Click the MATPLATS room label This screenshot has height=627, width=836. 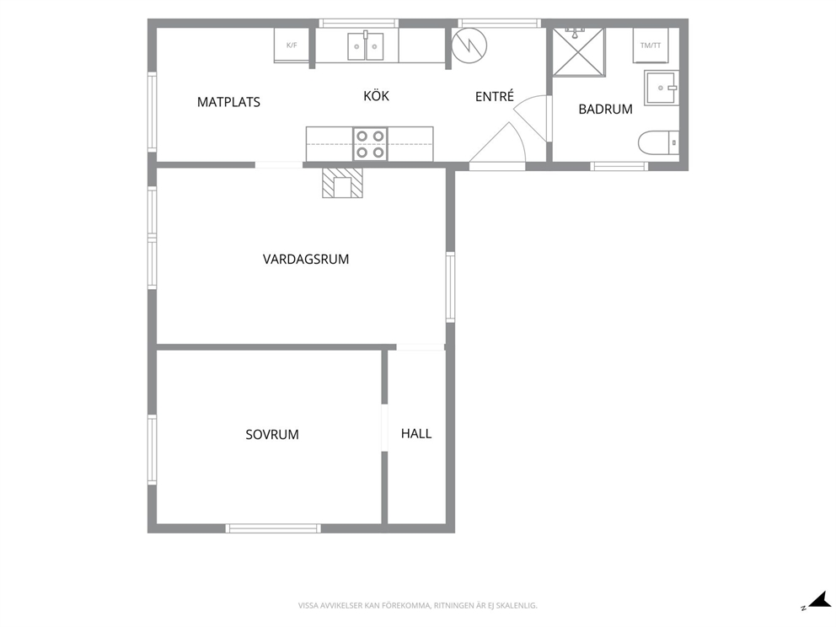(228, 102)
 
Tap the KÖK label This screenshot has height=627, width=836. (377, 95)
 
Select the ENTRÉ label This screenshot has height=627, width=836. (495, 96)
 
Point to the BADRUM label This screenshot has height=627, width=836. (606, 110)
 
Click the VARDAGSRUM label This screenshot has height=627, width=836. (306, 260)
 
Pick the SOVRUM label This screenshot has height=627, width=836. (272, 435)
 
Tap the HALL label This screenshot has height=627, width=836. (416, 433)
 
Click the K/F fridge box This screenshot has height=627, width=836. (292, 46)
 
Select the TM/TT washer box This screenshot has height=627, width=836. (651, 46)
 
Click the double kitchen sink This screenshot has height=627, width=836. (366, 46)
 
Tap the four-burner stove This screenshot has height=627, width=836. (370, 144)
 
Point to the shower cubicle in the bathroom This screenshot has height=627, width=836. (579, 51)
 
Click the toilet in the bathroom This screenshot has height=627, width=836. (658, 143)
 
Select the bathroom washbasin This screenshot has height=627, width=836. (662, 88)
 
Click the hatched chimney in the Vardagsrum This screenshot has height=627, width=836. (342, 183)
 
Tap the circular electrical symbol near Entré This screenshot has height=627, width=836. (469, 46)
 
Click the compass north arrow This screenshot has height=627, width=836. (818, 602)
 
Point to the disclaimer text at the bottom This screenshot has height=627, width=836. (417, 606)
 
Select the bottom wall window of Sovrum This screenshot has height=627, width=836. (273, 528)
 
